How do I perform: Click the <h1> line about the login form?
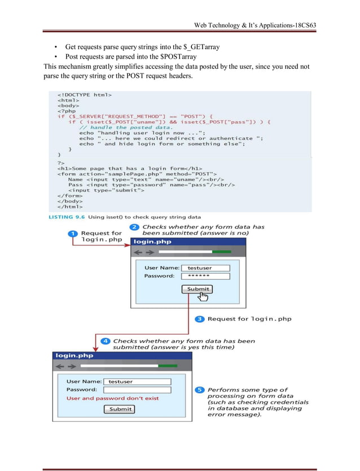pyautogui.click(x=130, y=168)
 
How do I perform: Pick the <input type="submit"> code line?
pyautogui.click(x=106, y=190)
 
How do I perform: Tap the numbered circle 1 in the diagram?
pyautogui.click(x=73, y=234)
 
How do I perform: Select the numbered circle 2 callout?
pyautogui.click(x=135, y=227)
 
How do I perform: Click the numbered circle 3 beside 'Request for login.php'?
pyautogui.click(x=200, y=319)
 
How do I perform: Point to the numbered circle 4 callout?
pyautogui.click(x=105, y=341)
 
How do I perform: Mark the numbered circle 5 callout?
pyautogui.click(x=200, y=390)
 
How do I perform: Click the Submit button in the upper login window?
pyautogui.click(x=197, y=289)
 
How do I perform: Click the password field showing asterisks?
pyautogui.click(x=205, y=276)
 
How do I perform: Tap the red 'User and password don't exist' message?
pyautogui.click(x=113, y=398)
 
